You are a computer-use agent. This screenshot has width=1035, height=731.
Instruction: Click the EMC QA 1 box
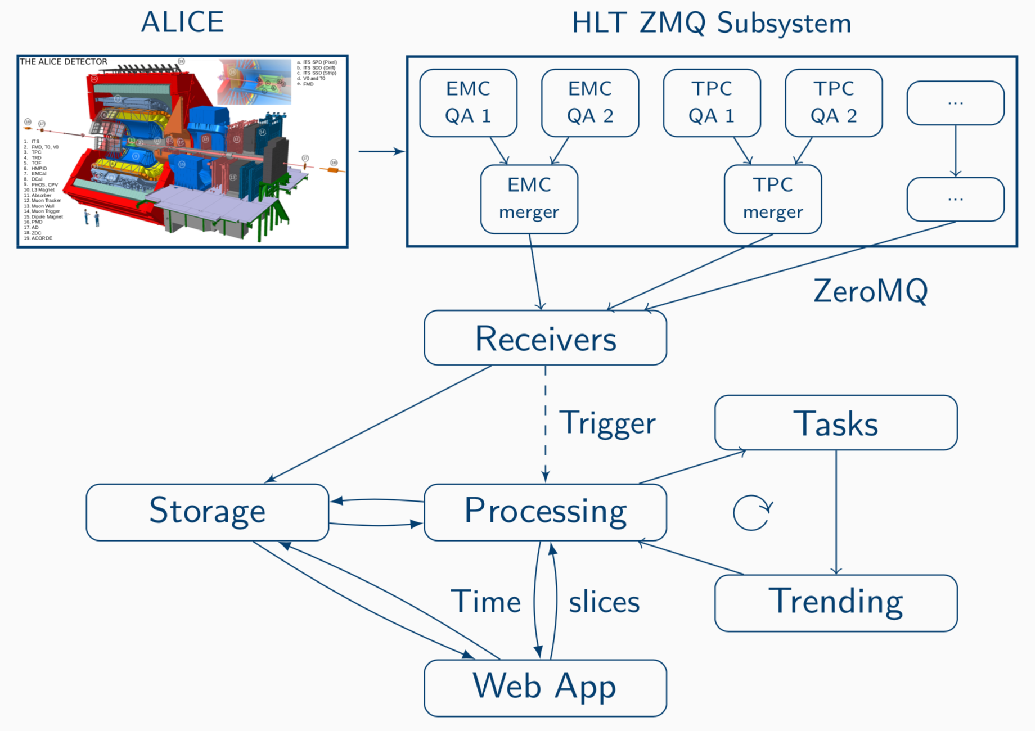(468, 102)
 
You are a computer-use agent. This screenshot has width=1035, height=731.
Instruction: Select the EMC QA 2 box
(590, 102)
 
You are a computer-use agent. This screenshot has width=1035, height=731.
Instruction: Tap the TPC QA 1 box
(712, 102)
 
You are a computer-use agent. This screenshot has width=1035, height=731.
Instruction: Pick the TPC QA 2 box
(834, 102)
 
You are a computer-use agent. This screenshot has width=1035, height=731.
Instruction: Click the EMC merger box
(529, 198)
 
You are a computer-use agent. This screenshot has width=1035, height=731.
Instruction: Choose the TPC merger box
(772, 198)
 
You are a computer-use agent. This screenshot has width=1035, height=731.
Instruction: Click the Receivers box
(545, 338)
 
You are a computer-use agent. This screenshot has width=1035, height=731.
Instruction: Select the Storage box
(207, 512)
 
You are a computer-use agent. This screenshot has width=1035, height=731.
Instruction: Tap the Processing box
(545, 512)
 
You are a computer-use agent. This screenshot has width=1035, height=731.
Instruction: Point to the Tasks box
(836, 423)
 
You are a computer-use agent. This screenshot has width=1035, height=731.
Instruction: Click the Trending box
(836, 602)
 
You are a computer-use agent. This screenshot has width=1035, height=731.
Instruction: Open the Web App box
(545, 687)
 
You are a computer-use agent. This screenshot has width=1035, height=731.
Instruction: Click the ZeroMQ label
(870, 291)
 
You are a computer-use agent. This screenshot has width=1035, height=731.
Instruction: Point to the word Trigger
(607, 423)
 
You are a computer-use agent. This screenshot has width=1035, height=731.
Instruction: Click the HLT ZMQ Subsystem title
(712, 23)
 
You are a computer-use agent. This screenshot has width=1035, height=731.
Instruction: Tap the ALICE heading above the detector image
(182, 22)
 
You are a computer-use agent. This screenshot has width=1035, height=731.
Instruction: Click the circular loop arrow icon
(752, 513)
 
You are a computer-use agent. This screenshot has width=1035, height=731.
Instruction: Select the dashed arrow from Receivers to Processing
(546, 427)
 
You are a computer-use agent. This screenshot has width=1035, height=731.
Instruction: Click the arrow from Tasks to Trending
(836, 512)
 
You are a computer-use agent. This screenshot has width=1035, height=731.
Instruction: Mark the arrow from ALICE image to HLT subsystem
(381, 151)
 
